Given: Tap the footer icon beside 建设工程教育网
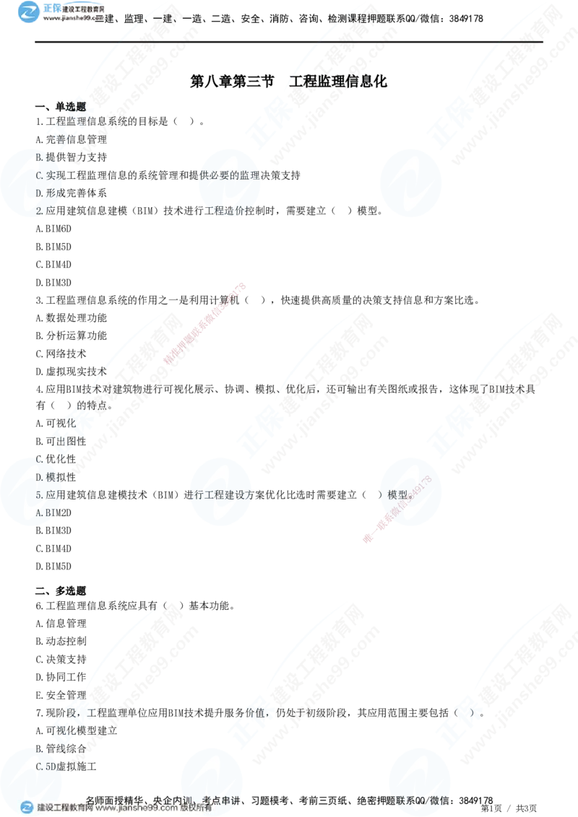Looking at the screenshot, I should tap(27, 807).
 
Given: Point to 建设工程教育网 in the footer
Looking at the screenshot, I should tap(65, 808).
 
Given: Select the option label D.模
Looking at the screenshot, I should tap(45, 477).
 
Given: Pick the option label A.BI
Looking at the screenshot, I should tap(46, 512).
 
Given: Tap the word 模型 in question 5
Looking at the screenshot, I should tap(398, 495).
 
